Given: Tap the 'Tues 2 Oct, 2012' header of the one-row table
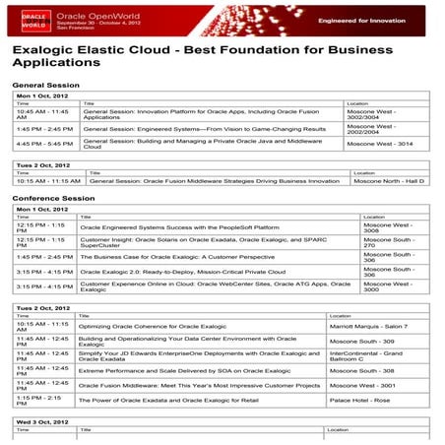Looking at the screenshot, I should coord(43,164).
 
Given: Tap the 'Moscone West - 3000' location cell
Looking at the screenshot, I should coord(388,286).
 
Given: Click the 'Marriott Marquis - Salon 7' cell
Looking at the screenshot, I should coord(368,326).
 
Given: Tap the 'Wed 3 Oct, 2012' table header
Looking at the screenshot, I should coord(42,421).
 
